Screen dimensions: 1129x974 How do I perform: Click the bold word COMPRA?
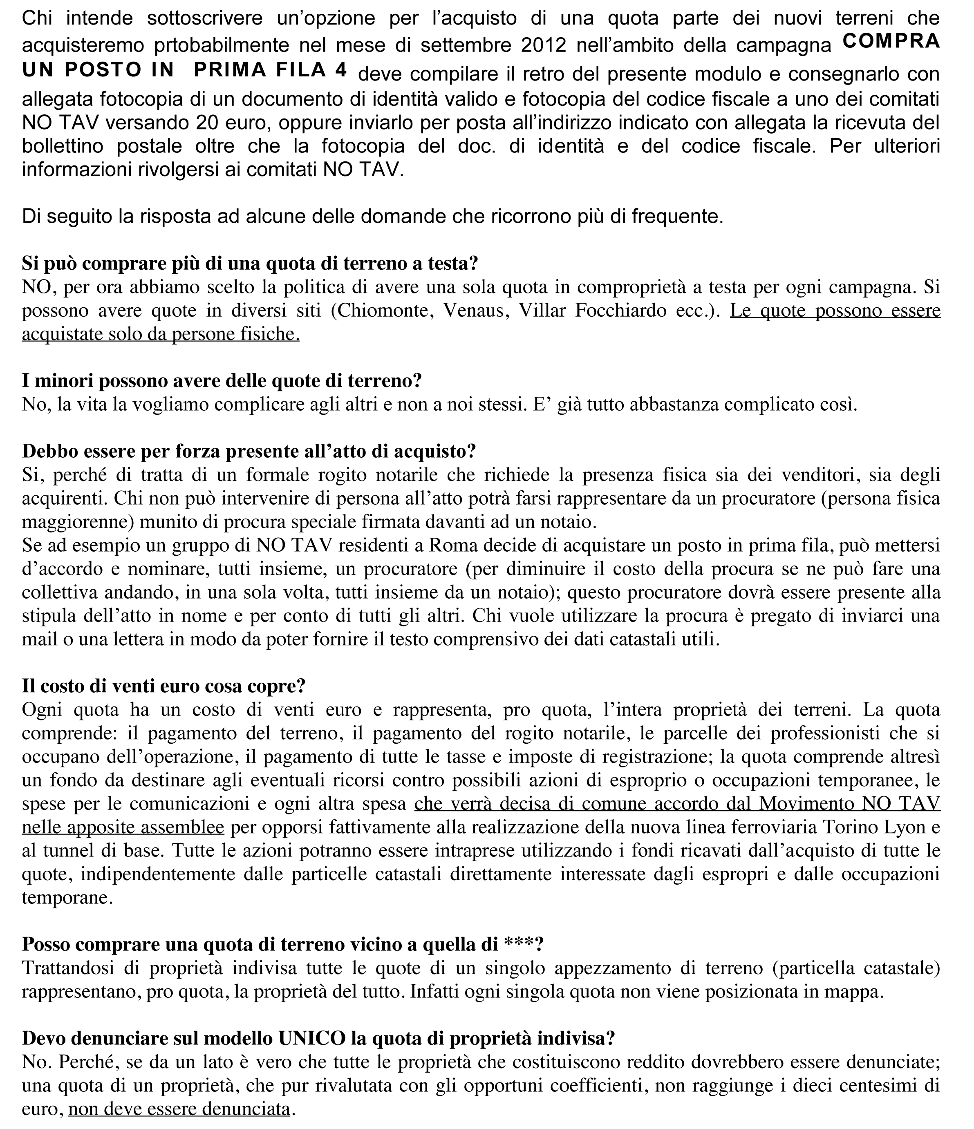point(891,41)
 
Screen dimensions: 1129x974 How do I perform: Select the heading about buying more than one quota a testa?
point(250,263)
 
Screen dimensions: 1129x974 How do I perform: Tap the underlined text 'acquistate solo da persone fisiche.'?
point(161,333)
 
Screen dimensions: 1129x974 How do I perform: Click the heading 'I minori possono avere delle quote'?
point(222,380)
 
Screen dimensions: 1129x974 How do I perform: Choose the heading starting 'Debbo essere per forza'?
point(249,451)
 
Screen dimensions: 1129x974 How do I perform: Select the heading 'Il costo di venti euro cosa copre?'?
point(163,686)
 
